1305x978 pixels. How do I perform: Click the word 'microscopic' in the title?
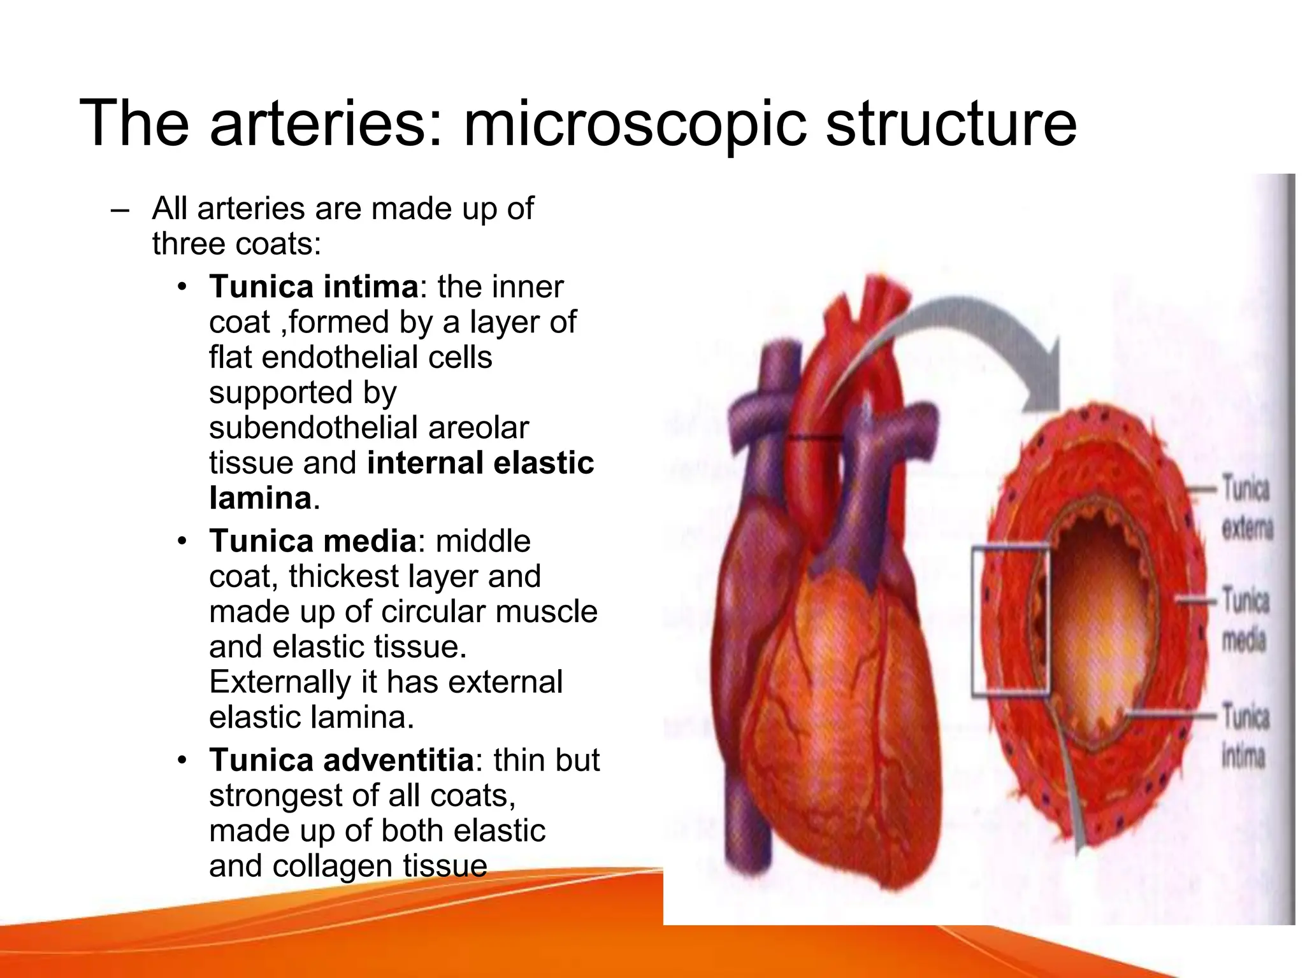coord(637,124)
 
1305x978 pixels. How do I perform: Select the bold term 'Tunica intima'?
coord(314,287)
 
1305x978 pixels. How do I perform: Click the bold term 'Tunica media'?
coord(313,541)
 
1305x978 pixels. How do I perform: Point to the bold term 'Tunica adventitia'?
coord(342,760)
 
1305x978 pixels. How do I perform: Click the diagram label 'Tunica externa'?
coord(1246,509)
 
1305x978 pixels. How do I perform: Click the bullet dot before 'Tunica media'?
coord(183,541)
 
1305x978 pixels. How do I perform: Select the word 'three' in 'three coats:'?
coord(188,244)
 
